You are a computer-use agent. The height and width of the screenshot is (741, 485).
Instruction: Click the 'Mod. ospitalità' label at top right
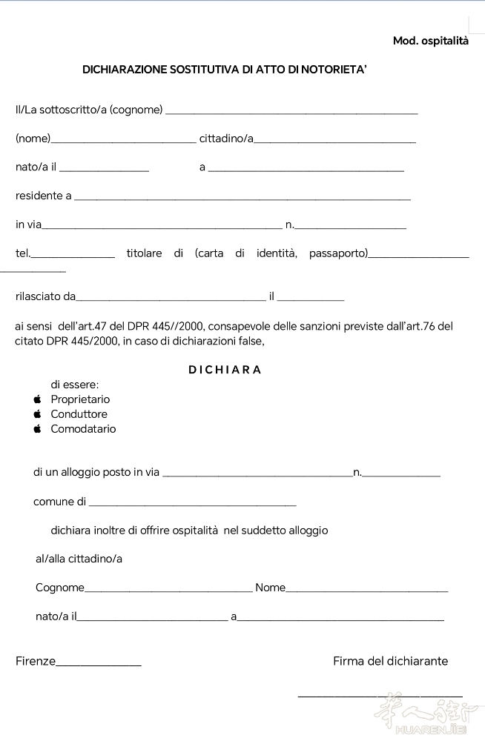point(430,41)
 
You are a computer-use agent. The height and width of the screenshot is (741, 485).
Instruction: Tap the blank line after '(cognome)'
point(291,112)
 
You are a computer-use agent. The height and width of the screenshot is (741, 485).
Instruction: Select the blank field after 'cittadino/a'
point(334,140)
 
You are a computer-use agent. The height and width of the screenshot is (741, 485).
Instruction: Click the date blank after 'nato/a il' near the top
point(104,169)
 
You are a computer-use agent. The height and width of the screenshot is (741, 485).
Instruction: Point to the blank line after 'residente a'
point(242,198)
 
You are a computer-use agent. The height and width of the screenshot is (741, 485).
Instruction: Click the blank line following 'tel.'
point(73,256)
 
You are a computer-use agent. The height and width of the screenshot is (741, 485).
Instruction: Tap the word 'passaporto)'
point(338,253)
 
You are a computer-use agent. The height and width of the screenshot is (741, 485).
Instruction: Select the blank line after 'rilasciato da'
point(171,299)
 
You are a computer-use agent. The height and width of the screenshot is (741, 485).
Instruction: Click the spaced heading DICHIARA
point(225,370)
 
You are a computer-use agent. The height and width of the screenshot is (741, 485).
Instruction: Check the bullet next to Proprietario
point(37,399)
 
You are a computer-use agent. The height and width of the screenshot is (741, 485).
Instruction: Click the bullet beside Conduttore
point(37,414)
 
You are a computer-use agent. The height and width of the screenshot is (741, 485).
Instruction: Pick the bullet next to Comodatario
point(37,429)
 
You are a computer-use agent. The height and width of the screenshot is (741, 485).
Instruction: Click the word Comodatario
point(83,429)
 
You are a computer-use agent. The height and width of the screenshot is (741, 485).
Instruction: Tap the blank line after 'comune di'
point(191,504)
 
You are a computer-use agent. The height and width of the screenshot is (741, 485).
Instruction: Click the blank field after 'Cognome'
point(168,591)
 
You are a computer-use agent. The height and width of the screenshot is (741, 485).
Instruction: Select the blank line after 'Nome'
point(366,591)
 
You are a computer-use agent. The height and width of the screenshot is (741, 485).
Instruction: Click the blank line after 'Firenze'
point(99,664)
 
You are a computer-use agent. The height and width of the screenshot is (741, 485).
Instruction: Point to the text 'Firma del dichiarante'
point(390,661)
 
